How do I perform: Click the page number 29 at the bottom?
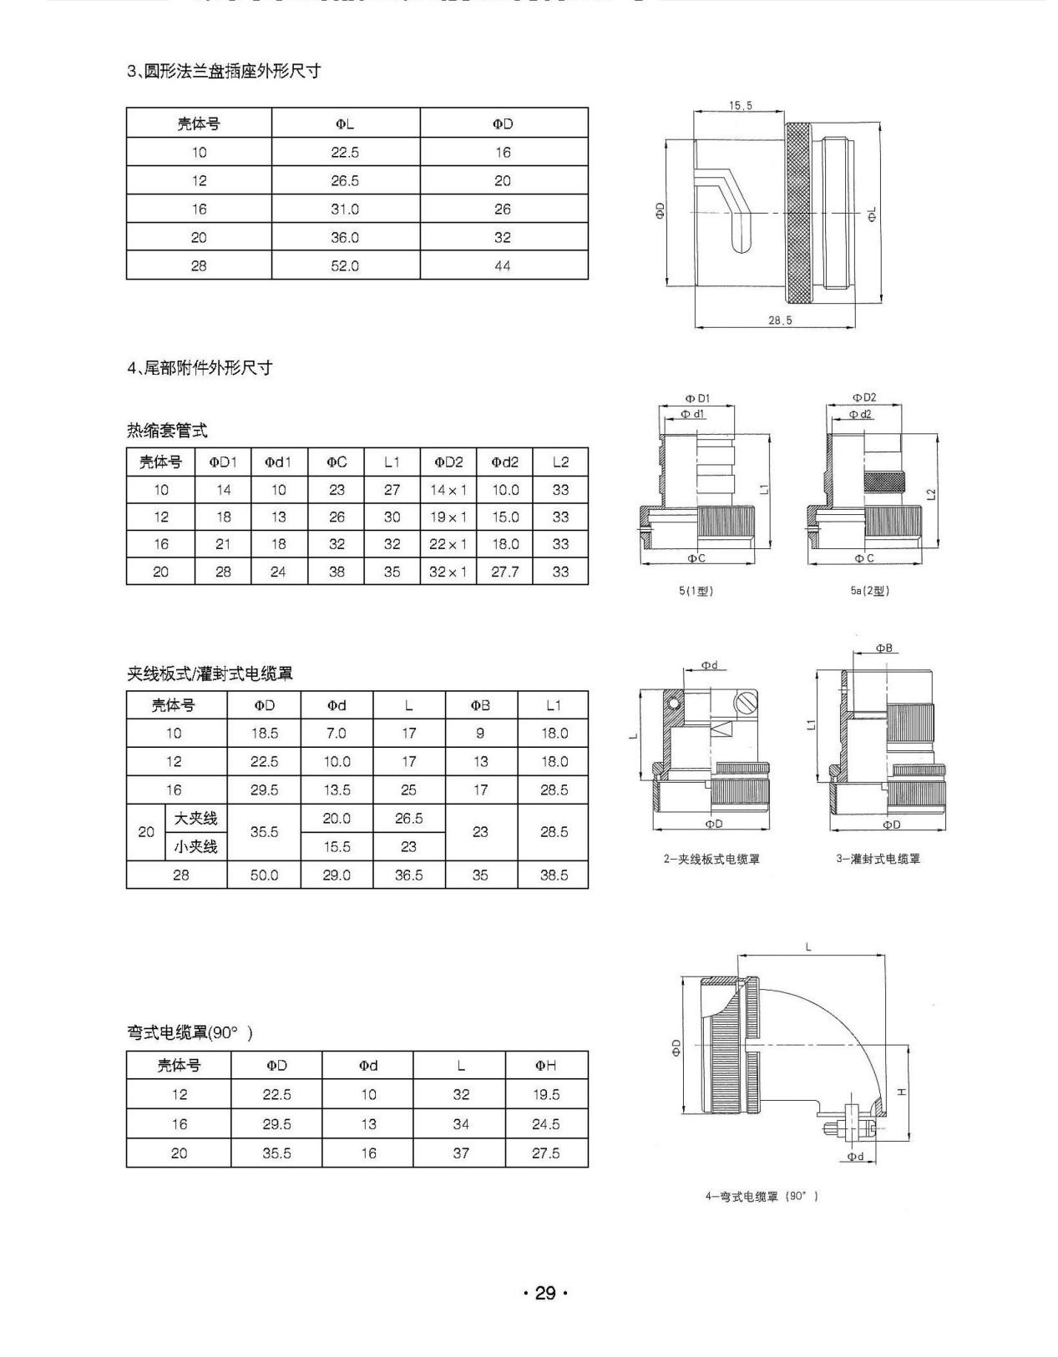pos(544,1293)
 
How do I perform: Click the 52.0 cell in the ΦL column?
pos(345,265)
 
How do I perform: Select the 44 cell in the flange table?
pos(502,265)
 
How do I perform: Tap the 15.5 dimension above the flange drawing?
pos(740,105)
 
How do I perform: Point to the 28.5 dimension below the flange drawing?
pos(780,320)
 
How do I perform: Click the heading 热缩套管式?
pos(167,431)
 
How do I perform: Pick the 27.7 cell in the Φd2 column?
pos(504,572)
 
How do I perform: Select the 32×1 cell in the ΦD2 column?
pos(448,572)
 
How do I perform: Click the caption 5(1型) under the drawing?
pos(696,591)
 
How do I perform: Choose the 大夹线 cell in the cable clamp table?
pos(195,819)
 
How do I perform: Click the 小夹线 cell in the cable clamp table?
pos(195,846)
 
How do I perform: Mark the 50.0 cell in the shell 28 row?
pos(264,875)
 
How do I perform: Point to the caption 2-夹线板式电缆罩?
pos(711,859)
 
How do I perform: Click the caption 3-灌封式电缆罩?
pos(878,859)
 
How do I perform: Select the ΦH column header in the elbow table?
pos(545,1065)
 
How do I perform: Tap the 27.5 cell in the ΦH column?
pos(545,1153)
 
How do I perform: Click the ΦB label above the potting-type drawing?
pos(883,648)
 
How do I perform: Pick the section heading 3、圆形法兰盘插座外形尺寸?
pos(224,71)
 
